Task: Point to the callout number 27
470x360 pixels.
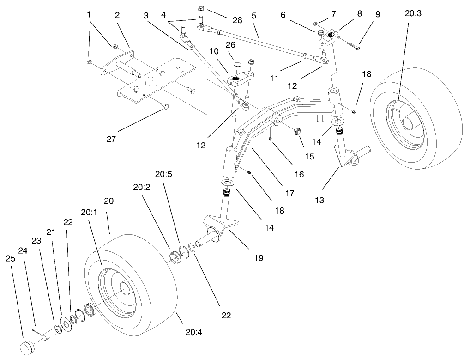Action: coord(111,138)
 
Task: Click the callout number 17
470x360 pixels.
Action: coord(289,193)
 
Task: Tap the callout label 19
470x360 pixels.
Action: coord(259,257)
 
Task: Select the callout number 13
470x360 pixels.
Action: coord(320,200)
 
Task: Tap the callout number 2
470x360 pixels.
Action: coord(117,15)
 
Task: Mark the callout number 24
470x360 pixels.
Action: coord(23,250)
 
